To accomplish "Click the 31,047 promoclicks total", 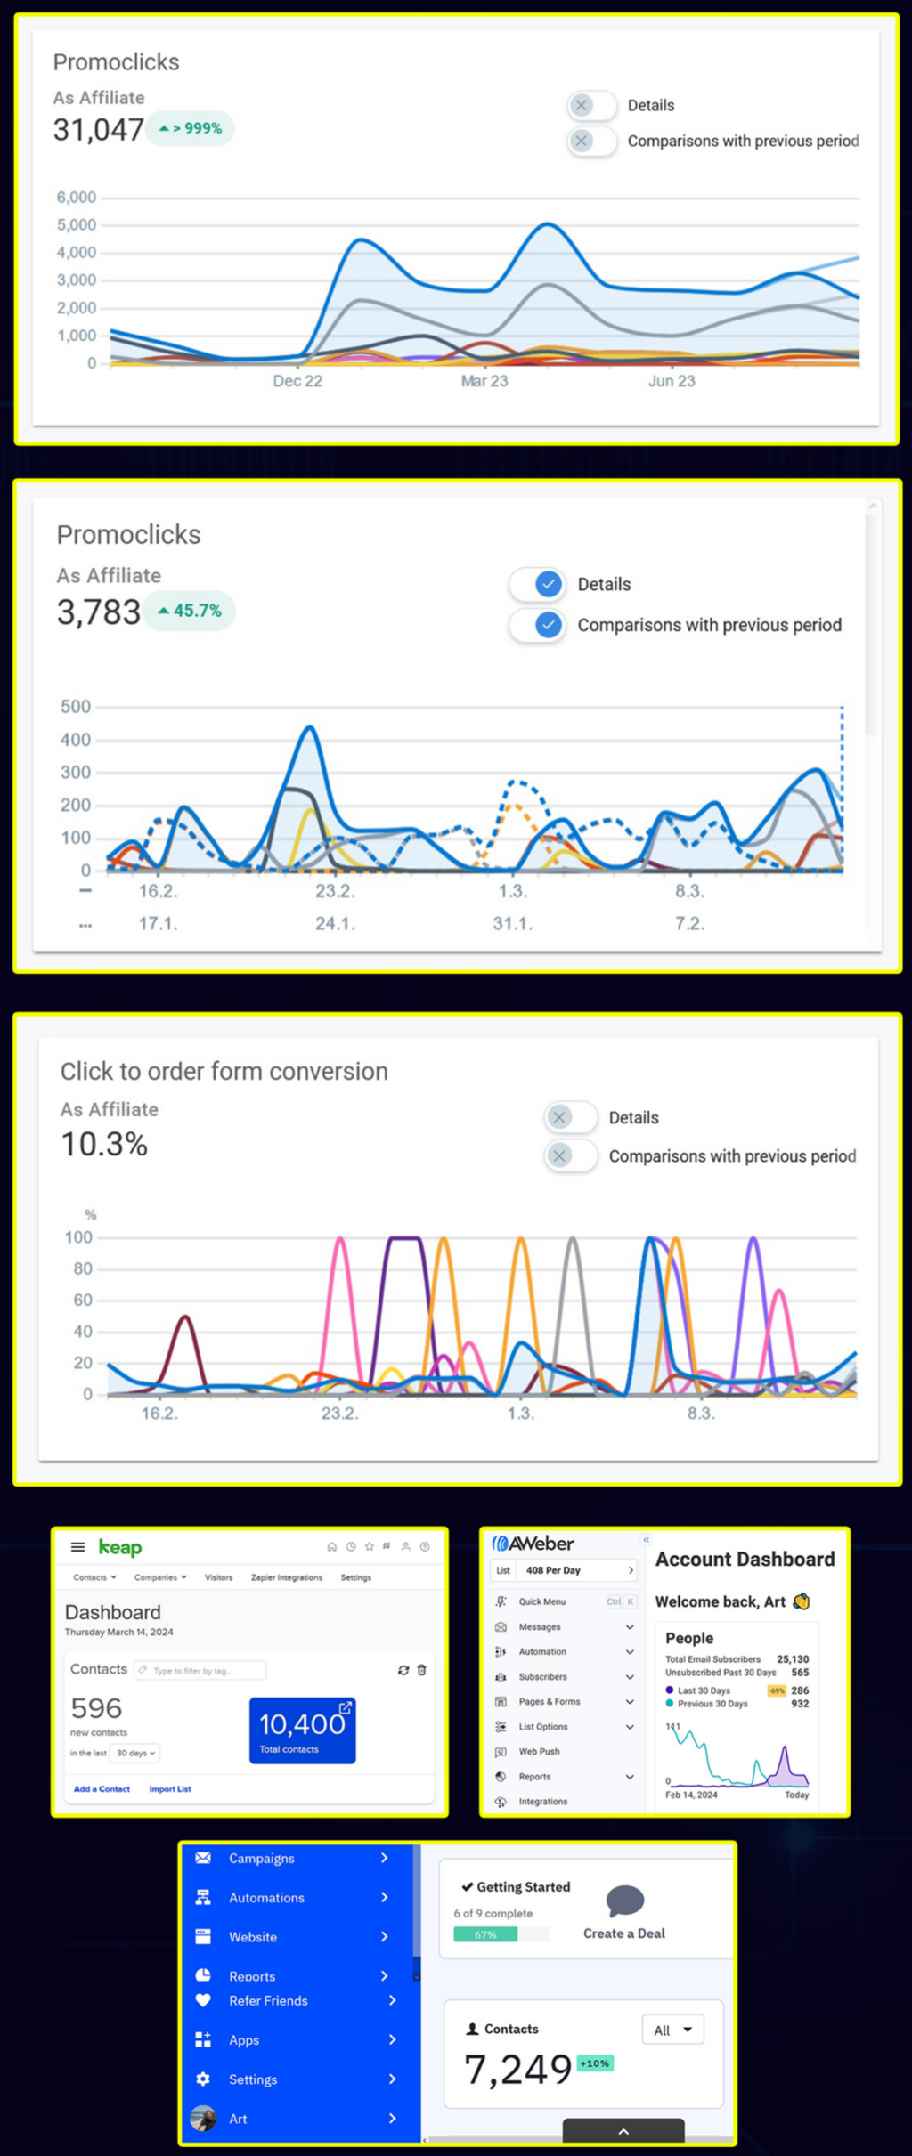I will [98, 130].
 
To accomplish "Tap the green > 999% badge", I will [190, 128].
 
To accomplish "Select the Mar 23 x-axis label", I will [484, 381].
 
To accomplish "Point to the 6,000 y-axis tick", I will [77, 198].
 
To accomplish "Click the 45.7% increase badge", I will [190, 611].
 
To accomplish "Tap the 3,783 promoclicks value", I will [98, 612].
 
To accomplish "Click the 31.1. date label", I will [512, 924].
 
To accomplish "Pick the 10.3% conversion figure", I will [103, 1145].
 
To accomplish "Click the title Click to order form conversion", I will [224, 1071].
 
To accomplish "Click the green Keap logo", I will [120, 1547].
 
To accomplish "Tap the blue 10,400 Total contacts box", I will [302, 1730].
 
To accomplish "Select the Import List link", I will [170, 1788].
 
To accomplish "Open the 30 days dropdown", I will [135, 1753].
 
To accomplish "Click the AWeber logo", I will [533, 1544].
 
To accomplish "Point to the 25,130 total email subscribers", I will [792, 1659].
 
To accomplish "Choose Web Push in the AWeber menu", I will [539, 1751].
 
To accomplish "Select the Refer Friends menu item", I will [268, 2000].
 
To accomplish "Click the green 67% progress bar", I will [485, 1934].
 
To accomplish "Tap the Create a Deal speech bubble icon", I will [624, 1901].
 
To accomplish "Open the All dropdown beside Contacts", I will [672, 2030].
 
